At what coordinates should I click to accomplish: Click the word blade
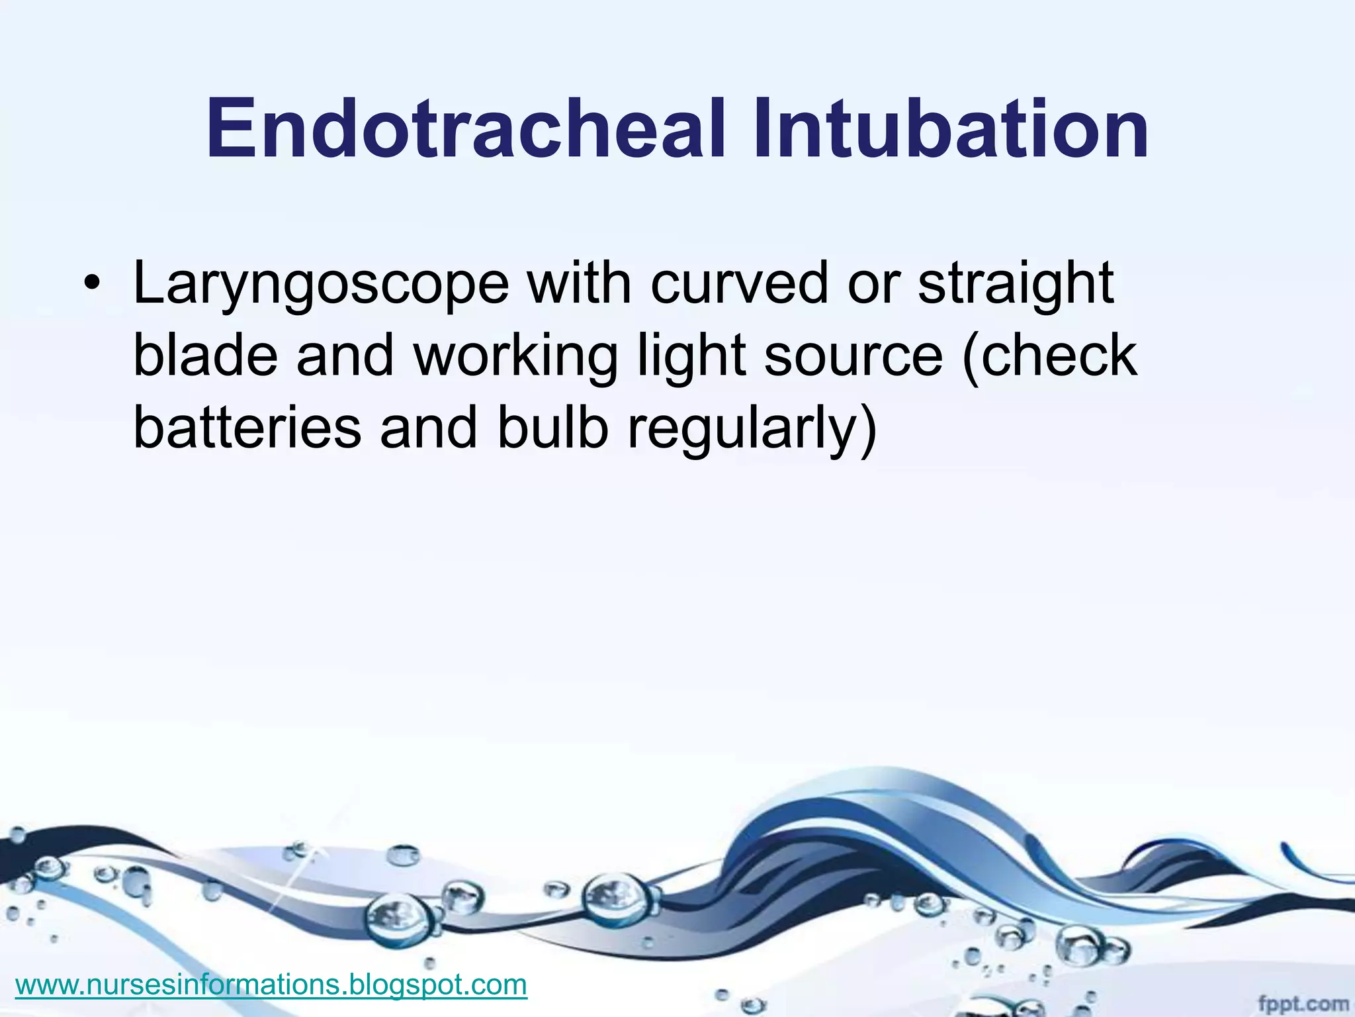pos(205,356)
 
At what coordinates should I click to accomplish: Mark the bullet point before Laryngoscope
pos(92,285)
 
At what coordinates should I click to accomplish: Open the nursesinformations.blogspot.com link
pos(271,985)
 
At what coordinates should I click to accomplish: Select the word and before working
pos(345,356)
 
